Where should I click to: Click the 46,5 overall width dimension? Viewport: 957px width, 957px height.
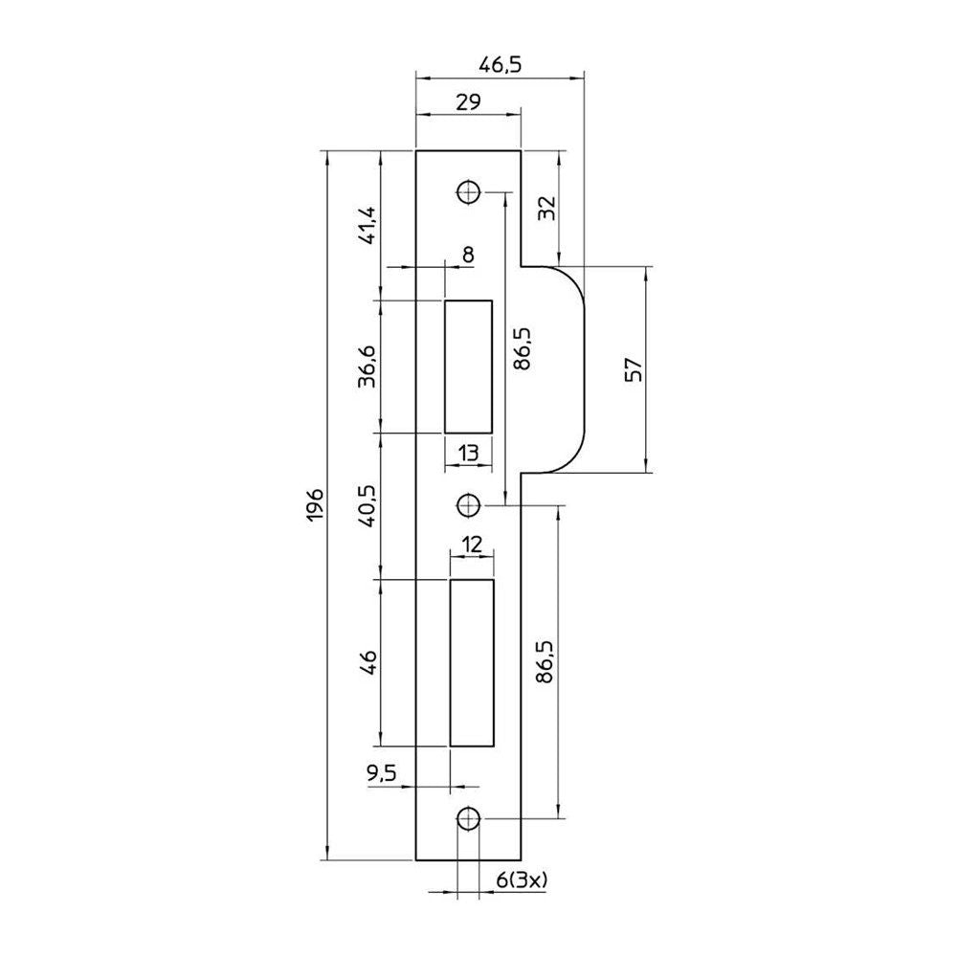[500, 65]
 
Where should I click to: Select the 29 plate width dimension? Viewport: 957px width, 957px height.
[468, 101]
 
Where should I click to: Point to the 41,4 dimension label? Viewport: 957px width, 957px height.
[368, 226]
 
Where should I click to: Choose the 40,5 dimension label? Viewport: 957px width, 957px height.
[368, 506]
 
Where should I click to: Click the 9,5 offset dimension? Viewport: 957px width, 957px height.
[382, 774]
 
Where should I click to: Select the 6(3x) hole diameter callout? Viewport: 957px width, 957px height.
[522, 879]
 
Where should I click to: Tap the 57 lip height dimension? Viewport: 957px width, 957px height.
[634, 369]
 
